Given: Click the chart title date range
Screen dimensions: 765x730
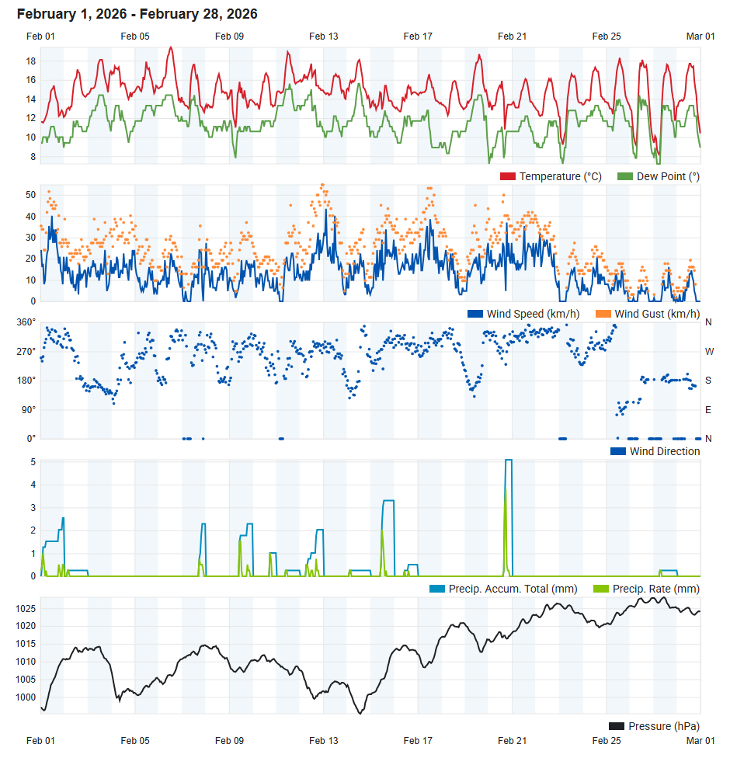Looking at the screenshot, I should [137, 14].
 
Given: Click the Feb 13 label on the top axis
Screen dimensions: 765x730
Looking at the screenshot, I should [323, 37].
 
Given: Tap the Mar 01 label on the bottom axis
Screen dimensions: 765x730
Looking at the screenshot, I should [700, 741].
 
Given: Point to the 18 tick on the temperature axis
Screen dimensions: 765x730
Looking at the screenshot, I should [32, 61].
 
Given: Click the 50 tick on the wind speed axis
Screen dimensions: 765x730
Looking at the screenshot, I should [32, 194].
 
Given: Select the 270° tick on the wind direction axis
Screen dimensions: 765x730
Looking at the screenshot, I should [27, 351].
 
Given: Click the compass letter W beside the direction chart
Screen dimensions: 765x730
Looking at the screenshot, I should [709, 351].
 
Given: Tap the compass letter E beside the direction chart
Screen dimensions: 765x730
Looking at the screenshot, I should [708, 409].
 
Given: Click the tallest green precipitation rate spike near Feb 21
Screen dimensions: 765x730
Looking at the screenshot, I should [506, 491].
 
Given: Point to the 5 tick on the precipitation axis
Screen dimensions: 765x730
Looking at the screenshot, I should [33, 462].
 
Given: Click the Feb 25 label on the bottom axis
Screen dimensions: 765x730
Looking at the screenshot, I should [606, 741].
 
